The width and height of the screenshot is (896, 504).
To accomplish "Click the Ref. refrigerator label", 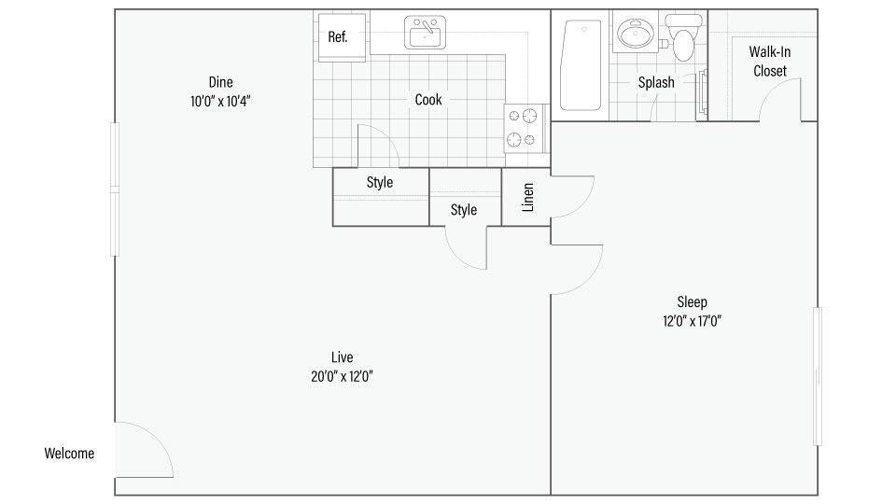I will [337, 37].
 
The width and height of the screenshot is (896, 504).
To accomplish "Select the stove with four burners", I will [524, 129].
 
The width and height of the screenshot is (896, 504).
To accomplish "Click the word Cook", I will [428, 100].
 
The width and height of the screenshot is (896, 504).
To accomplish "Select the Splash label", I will [656, 83].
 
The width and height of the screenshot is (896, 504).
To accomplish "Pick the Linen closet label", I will [527, 198].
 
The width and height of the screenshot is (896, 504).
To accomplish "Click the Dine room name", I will [221, 81].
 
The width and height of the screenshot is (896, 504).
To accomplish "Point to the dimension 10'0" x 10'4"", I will [220, 100].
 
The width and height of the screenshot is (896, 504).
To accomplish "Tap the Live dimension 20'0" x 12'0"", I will [342, 376].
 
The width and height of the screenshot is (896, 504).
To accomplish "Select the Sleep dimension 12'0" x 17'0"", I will [692, 321].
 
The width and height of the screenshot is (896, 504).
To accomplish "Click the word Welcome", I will [69, 455].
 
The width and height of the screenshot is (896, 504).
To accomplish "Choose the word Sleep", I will [692, 302].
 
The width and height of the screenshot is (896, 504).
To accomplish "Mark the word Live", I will [342, 357].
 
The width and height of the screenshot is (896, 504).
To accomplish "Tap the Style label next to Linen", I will [464, 210].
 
